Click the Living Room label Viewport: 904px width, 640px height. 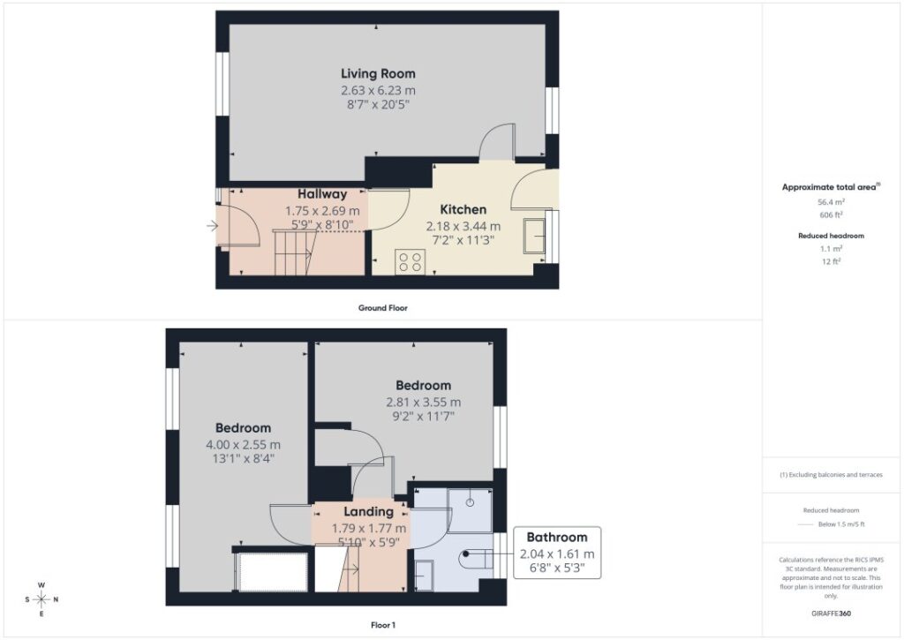378,74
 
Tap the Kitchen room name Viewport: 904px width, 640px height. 463,209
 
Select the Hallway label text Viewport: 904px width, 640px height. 322,194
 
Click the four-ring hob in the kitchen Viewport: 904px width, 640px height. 410,262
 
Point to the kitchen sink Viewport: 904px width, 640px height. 534,236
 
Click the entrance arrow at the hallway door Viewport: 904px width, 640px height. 212,226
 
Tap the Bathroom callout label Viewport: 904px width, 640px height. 557,538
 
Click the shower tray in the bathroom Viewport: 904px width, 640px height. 470,510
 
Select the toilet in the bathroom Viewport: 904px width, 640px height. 476,559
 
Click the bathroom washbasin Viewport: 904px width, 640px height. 424,576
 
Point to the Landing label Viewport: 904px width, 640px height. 368,511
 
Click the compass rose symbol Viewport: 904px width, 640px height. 41,599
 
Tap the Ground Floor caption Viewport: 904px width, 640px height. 383,308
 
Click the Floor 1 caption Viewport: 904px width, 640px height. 383,625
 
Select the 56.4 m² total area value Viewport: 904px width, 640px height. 831,202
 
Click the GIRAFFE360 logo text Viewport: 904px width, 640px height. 831,614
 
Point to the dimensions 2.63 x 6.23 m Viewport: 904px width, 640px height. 378,91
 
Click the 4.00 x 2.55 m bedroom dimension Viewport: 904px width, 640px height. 244,445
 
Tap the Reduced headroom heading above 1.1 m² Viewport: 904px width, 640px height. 831,236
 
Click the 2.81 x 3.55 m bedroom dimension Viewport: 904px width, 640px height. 423,403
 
